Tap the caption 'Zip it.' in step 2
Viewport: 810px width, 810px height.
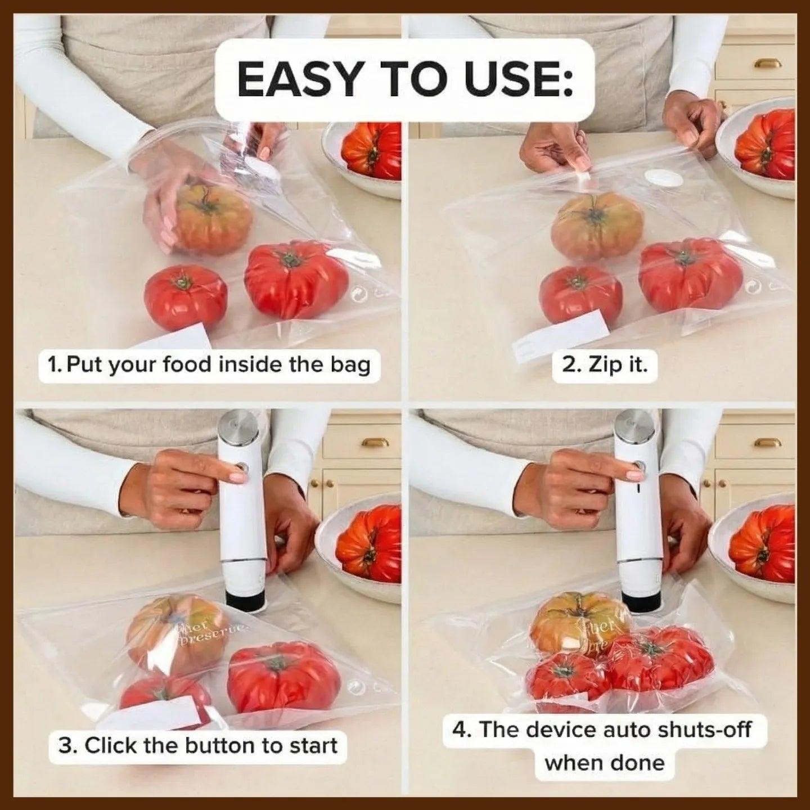click(605, 365)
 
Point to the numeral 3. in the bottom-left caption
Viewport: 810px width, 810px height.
click(70, 745)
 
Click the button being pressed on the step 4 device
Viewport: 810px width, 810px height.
click(640, 466)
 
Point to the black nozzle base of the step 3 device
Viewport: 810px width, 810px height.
click(246, 599)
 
